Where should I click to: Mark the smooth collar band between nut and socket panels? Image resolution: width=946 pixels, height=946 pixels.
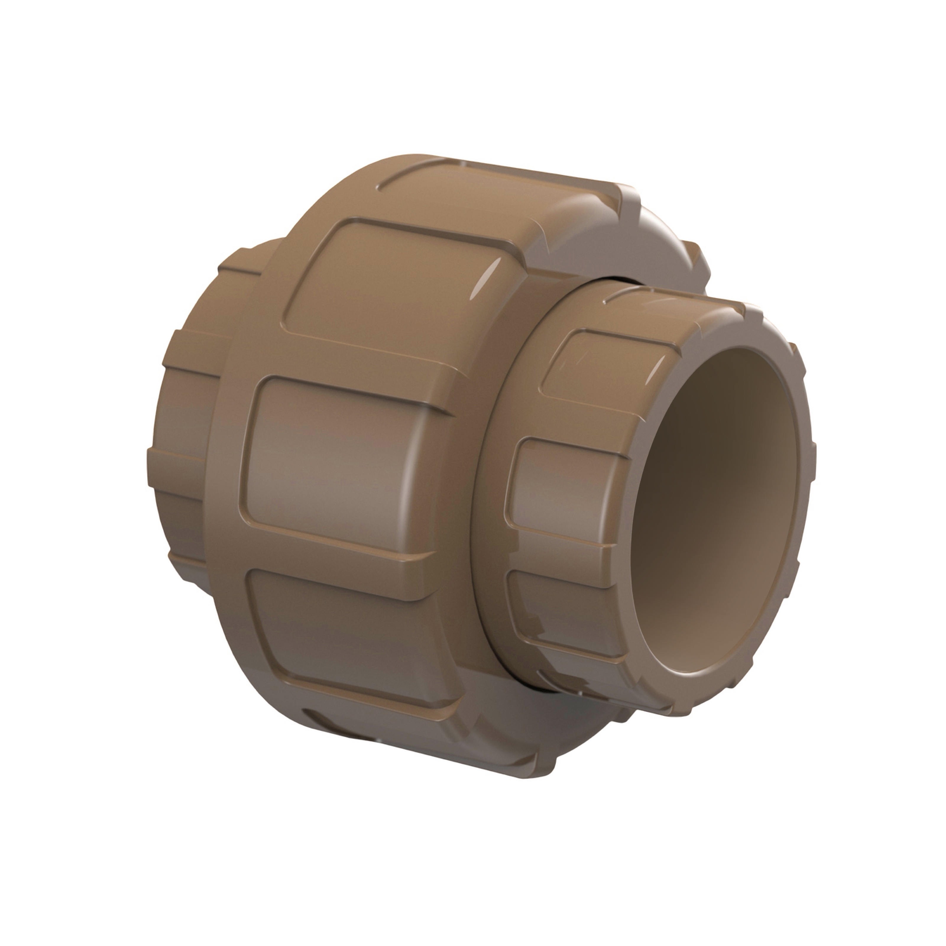[490, 490]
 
